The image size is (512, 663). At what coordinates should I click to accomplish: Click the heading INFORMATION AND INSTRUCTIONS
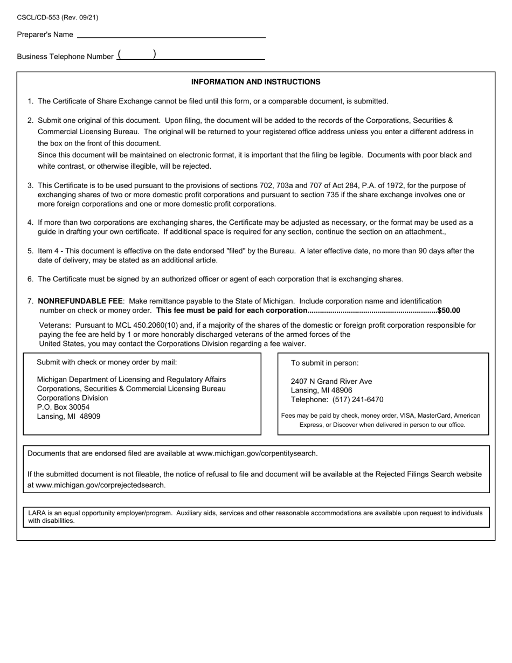[x=255, y=82]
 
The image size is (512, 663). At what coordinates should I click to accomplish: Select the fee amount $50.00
[x=448, y=310]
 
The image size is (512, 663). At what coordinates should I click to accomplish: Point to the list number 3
[x=30, y=185]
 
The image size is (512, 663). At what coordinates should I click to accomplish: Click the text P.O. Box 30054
[x=63, y=407]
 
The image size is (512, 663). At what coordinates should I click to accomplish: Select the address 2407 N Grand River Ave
[x=331, y=381]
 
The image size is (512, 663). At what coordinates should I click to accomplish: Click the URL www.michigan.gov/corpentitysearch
[x=257, y=453]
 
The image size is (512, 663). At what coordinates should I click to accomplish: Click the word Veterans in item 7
[x=54, y=326]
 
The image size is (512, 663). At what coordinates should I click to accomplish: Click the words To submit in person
[x=324, y=363]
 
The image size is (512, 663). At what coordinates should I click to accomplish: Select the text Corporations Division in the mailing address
[x=72, y=398]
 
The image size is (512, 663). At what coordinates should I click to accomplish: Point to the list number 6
[x=30, y=279]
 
